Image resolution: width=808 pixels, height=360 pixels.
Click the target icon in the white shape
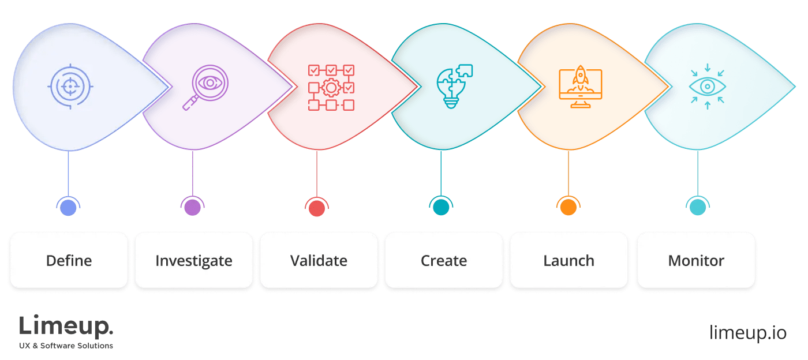70,87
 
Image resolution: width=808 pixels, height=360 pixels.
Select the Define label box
69,260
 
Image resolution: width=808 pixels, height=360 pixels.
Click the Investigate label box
194,260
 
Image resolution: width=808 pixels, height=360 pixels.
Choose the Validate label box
319,260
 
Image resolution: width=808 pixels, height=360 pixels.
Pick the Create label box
444,260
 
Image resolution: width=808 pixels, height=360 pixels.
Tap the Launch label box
569,260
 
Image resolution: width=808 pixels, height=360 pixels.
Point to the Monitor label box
696,260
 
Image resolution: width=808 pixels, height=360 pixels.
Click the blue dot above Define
68,208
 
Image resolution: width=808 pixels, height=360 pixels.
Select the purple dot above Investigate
192,208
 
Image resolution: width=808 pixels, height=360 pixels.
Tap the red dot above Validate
317,208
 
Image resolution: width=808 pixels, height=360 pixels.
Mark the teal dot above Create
442,208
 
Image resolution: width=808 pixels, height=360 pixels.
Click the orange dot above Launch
568,208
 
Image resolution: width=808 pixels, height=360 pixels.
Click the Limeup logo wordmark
66,327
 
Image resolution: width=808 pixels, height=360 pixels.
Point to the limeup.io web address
748,333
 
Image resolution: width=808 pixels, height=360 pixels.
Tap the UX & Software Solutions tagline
66,346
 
